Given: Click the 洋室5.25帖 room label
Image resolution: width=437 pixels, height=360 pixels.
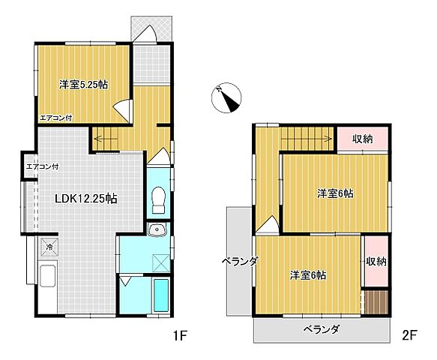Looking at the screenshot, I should click(x=83, y=85).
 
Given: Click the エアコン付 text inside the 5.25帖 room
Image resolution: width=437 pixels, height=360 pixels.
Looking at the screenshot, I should click(x=56, y=117).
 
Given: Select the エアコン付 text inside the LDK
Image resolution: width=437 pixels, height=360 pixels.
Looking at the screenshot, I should click(x=43, y=166).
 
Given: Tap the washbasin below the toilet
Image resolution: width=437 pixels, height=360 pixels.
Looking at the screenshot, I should click(x=157, y=230).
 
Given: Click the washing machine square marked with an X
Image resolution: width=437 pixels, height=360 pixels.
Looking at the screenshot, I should click(x=159, y=262).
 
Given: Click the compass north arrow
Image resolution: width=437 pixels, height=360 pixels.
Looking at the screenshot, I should click(x=226, y=97).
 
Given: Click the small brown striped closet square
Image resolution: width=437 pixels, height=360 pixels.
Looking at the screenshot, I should click(x=376, y=302).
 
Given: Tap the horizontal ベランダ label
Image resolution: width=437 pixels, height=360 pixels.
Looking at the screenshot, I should click(x=322, y=329).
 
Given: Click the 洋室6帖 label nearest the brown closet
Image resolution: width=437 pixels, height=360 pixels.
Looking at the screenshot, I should click(x=308, y=275).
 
